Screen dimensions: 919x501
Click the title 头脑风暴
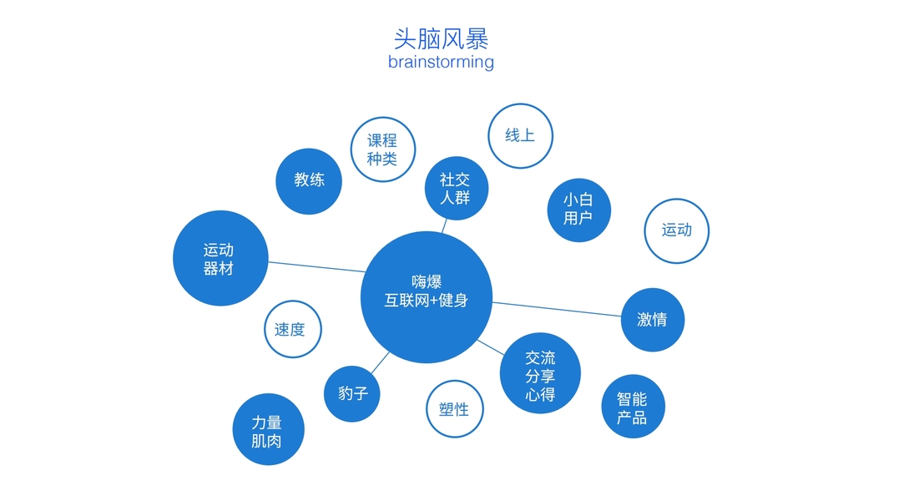[441, 38]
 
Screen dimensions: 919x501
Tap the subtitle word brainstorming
[441, 62]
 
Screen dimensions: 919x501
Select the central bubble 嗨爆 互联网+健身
[426, 297]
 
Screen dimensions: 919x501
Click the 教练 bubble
[309, 180]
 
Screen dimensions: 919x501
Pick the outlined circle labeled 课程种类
[382, 149]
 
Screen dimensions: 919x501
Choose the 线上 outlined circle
[520, 135]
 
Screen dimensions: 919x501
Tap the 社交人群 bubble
[455, 189]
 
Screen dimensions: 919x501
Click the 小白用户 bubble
[578, 210]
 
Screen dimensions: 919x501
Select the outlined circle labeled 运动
[677, 230]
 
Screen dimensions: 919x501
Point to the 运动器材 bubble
[220, 258]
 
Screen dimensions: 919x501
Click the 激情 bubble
[652, 320]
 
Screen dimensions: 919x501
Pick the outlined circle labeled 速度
[292, 329]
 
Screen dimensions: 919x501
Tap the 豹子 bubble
[352, 393]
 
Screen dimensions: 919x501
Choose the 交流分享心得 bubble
[540, 373]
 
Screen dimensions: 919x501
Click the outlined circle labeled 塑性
[454, 409]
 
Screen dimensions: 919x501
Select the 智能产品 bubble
[633, 407]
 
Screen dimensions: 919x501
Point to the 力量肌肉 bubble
[267, 430]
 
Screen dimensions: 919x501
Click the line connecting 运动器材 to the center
[317, 267]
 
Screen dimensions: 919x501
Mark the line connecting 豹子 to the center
[380, 362]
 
